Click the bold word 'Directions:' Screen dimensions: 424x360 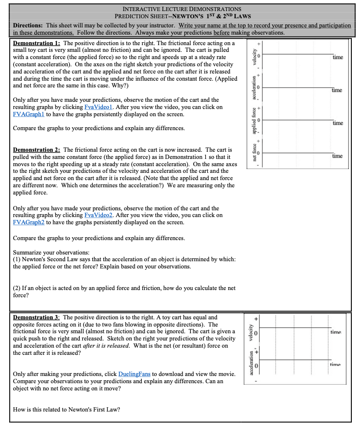[x=28, y=25]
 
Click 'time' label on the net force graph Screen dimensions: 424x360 [x=337, y=156]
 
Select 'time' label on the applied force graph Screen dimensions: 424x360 [x=337, y=123]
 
